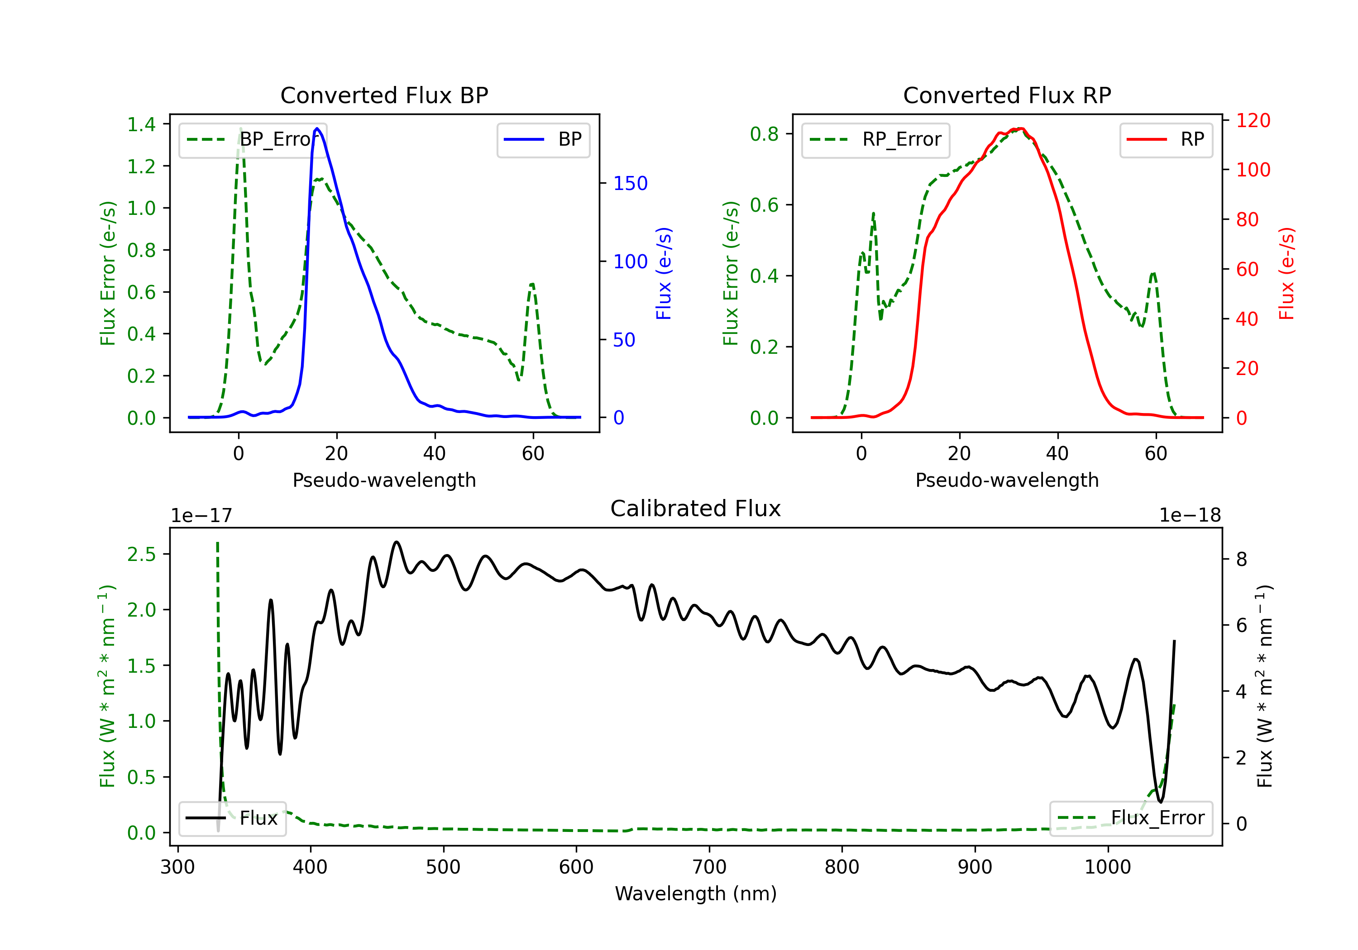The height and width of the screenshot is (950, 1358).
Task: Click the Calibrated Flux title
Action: click(696, 509)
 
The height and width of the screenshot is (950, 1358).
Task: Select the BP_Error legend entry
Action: click(253, 139)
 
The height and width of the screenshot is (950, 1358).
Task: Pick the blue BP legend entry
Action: click(543, 139)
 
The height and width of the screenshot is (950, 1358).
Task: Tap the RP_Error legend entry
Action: click(875, 139)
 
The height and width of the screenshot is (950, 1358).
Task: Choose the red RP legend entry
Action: click(1166, 139)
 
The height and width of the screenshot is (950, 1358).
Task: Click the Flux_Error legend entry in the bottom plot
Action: click(1131, 818)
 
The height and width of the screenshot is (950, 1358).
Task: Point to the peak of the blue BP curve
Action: click(317, 128)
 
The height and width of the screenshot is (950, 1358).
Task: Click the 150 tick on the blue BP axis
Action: click(631, 183)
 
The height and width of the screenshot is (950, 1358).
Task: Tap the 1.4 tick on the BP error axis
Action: click(141, 124)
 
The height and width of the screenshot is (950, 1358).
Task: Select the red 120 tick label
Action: click(1253, 121)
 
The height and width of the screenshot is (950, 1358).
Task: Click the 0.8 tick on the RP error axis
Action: click(764, 134)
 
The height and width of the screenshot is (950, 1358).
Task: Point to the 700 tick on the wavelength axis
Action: click(709, 867)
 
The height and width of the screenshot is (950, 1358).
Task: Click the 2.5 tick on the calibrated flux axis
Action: click(141, 555)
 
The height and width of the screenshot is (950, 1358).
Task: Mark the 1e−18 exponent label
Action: click(1190, 516)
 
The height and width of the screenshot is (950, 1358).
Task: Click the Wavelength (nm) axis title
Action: click(696, 894)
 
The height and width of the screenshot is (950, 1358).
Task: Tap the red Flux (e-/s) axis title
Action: click(1287, 274)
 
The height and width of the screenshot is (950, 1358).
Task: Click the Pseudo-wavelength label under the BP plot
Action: click(384, 480)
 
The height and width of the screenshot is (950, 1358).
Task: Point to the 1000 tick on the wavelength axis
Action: click(1108, 867)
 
